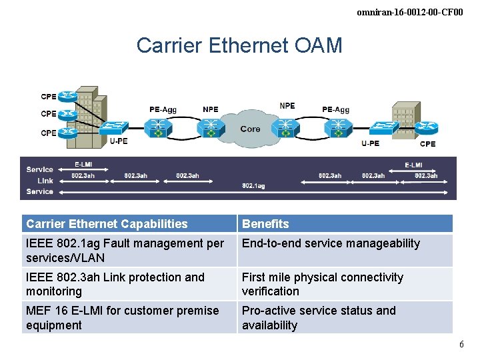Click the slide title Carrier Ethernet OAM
(x=239, y=45)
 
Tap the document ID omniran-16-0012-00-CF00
(x=409, y=12)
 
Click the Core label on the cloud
(x=250, y=129)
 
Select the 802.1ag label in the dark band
(x=253, y=186)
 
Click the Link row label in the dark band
(x=45, y=181)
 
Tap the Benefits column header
(x=265, y=224)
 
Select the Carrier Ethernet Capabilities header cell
(x=107, y=224)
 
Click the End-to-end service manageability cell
(x=331, y=243)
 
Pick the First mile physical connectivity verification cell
(x=322, y=284)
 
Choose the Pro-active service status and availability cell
(x=318, y=318)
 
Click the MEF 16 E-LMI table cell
(x=122, y=318)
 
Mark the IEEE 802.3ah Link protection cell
(x=115, y=284)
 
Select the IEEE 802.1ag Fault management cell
(x=125, y=251)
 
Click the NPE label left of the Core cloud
(x=210, y=109)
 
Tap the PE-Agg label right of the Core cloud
(x=335, y=109)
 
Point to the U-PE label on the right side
(x=370, y=143)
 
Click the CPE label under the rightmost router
(x=427, y=143)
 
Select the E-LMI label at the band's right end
(x=413, y=165)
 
